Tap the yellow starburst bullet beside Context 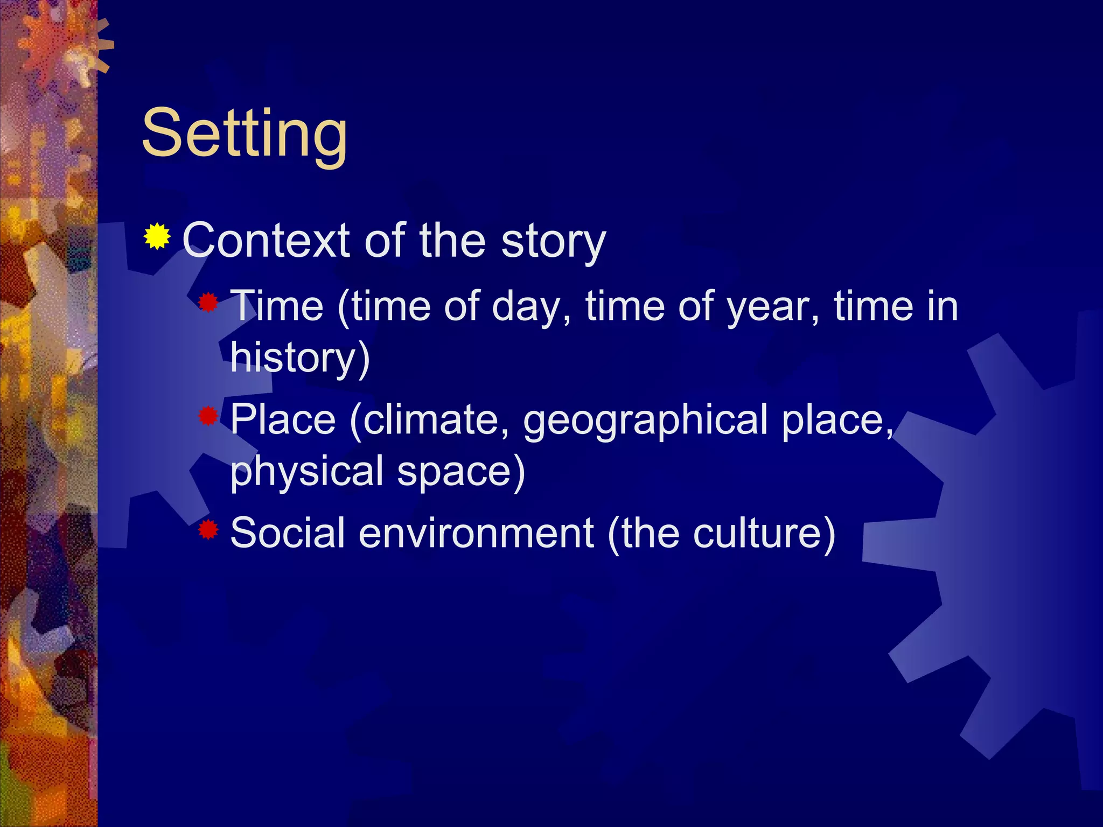[x=157, y=236]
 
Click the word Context [x=266, y=241]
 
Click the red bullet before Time [x=207, y=303]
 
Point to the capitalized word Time [x=277, y=306]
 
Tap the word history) [x=299, y=358]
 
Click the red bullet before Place [x=207, y=416]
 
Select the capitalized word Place [x=283, y=419]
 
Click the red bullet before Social [x=207, y=530]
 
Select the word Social [x=287, y=533]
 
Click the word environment [x=476, y=533]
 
